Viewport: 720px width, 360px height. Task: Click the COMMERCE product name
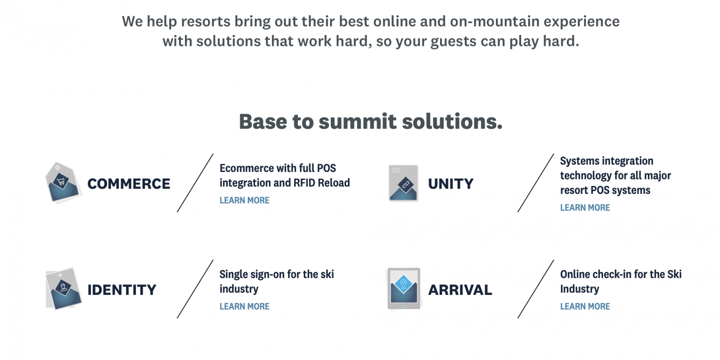pos(129,184)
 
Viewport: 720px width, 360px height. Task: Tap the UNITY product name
pos(450,184)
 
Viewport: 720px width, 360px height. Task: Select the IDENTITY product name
pos(122,290)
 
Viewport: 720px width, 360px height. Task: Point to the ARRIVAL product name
pos(460,290)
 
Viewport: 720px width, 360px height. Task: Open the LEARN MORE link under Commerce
pos(244,200)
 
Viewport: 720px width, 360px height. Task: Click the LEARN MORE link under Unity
pos(585,207)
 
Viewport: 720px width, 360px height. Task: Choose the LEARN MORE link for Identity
pos(244,306)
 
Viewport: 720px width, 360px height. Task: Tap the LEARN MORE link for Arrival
pos(585,306)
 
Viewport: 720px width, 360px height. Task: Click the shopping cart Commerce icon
pos(63,183)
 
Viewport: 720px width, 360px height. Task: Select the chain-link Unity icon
pos(403,183)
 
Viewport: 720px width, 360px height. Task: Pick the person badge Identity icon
pos(63,288)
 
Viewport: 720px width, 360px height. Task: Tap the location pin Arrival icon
pos(404,288)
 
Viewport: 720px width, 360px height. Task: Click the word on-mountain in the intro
pos(495,22)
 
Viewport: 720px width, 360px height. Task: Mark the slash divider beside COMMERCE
pos(195,183)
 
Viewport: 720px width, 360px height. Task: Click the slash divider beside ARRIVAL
pos(536,289)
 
